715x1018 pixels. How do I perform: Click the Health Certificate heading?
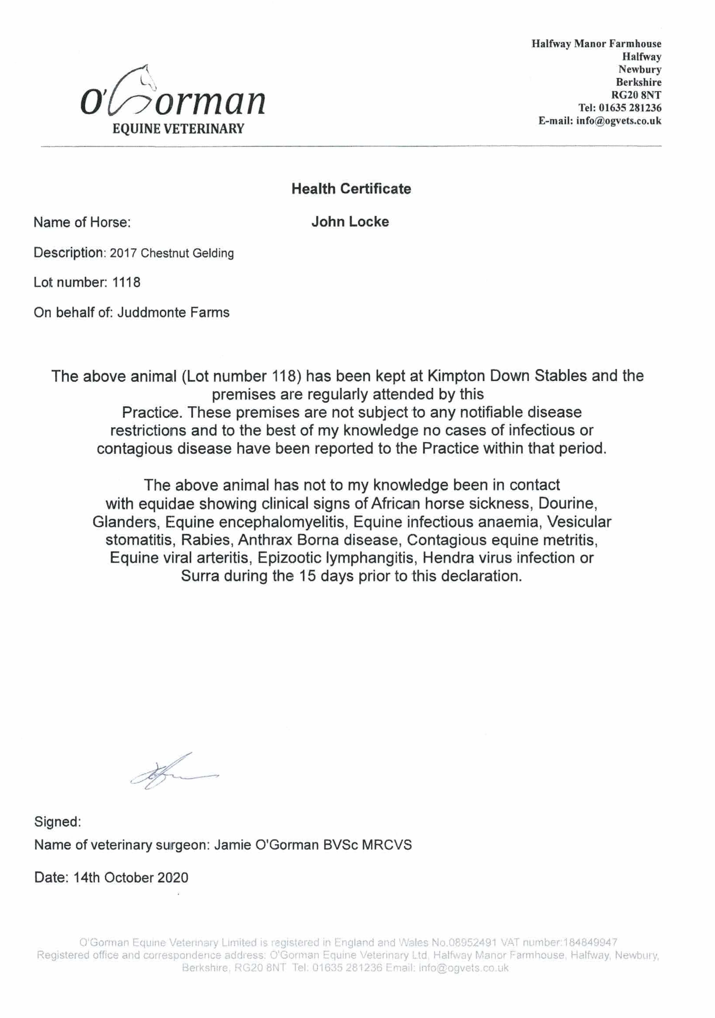pyautogui.click(x=351, y=189)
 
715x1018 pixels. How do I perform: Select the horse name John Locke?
pyautogui.click(x=350, y=222)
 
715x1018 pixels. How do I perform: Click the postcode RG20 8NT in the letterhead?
pyautogui.click(x=636, y=95)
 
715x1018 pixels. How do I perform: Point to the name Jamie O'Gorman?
pyautogui.click(x=266, y=845)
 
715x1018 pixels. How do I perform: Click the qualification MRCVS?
pyautogui.click(x=387, y=845)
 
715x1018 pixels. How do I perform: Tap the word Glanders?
pyautogui.click(x=125, y=522)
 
